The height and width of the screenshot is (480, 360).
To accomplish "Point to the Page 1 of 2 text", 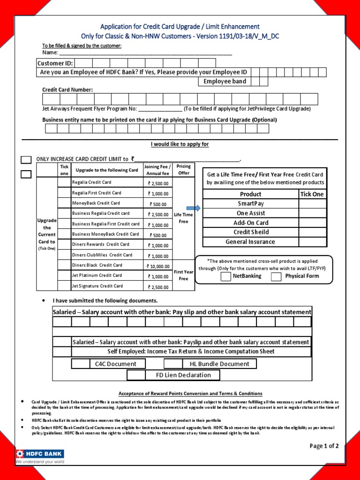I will point(324,446).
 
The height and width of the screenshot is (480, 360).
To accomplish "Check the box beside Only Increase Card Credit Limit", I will point(26,160).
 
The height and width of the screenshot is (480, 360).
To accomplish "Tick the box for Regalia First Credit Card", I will point(64,193).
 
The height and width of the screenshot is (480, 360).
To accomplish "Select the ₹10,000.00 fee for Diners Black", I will point(158,266).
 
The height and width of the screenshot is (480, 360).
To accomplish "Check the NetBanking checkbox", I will point(225,276).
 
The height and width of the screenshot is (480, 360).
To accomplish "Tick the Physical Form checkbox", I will point(278,276).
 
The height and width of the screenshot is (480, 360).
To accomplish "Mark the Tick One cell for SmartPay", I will point(312,203).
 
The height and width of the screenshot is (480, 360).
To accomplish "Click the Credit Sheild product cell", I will point(251,232).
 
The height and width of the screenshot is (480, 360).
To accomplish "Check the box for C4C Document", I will point(81,364).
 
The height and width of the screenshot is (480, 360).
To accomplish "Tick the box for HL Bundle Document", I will point(173,364).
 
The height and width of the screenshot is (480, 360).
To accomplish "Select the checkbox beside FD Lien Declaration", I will point(136,375).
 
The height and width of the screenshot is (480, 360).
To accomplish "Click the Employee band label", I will point(225,82).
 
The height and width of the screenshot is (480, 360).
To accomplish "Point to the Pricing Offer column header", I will point(183,169).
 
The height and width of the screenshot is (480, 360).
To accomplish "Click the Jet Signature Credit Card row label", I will point(97,286).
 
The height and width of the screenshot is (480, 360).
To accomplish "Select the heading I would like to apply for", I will point(180,144).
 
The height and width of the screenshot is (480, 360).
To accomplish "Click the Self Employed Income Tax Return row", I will point(191,352).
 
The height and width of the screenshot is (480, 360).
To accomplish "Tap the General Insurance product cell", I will point(251,242).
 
